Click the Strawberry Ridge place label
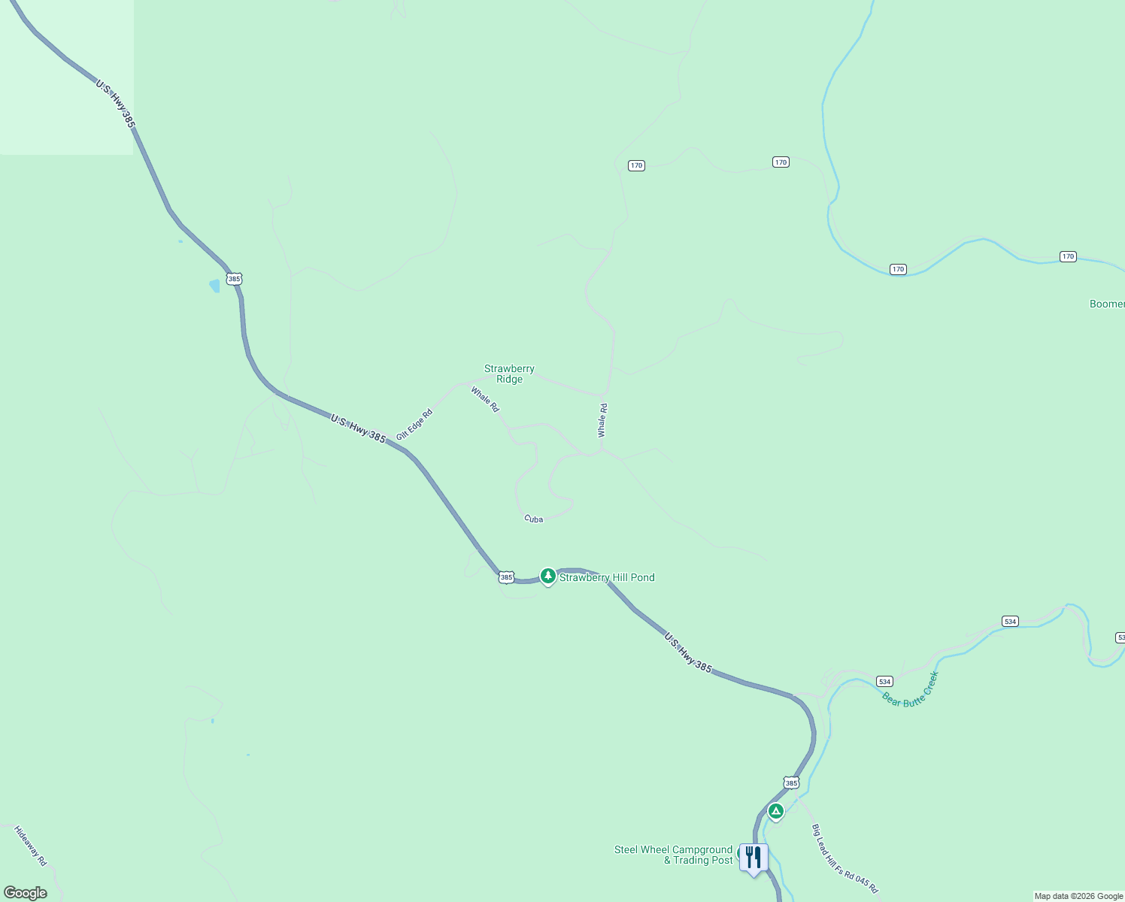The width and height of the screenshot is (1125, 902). pos(509,374)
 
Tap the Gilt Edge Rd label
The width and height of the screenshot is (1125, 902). pos(414,425)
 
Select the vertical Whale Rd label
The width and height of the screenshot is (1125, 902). pos(602,420)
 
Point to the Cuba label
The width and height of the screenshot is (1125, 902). pos(533,519)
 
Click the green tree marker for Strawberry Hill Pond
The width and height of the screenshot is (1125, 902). pos(548,577)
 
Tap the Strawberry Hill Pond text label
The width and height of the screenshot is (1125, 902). pos(607,577)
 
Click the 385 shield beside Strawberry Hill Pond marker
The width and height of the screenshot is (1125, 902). pos(506,577)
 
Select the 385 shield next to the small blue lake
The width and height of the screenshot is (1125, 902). pos(235,279)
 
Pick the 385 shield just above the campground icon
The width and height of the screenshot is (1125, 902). pos(791,782)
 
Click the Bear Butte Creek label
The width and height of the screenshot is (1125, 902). pos(911,689)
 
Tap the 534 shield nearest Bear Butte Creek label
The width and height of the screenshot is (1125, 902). pos(884,682)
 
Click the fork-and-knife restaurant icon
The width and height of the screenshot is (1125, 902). pos(754,858)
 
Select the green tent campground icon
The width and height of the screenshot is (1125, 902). pos(776,811)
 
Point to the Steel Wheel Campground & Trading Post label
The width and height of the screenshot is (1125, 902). pos(674,855)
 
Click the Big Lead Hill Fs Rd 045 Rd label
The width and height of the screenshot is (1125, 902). pos(845,858)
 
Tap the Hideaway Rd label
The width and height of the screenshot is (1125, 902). pos(31,846)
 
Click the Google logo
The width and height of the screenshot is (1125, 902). pos(26,893)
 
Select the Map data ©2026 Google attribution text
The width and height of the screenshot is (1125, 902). pos(1078,896)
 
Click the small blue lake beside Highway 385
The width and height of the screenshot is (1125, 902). pos(214,286)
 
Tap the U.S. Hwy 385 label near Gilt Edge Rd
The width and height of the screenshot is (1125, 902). pos(358,428)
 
